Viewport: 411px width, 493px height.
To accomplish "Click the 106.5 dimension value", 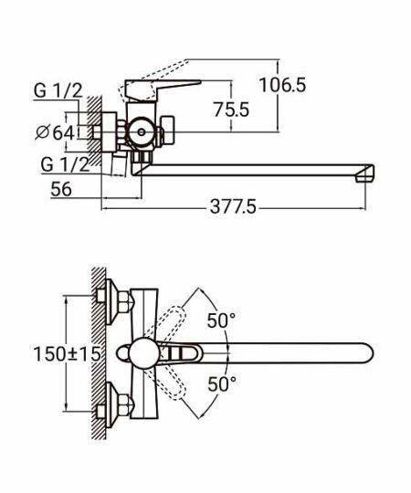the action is (282, 85).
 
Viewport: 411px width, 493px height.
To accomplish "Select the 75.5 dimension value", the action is (231, 110).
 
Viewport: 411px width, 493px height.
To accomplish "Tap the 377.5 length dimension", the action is (233, 207).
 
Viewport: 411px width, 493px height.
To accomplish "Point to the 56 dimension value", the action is (61, 189).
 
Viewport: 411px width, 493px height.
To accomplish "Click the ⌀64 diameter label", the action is (55, 132).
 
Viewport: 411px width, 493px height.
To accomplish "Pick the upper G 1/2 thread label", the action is (58, 90).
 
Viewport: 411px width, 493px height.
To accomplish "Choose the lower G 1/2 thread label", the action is (65, 164).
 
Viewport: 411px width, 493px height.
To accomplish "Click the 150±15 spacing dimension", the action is (67, 353).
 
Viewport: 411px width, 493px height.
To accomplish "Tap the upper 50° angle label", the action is (221, 320).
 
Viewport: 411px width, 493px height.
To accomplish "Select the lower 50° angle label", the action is (222, 383).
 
